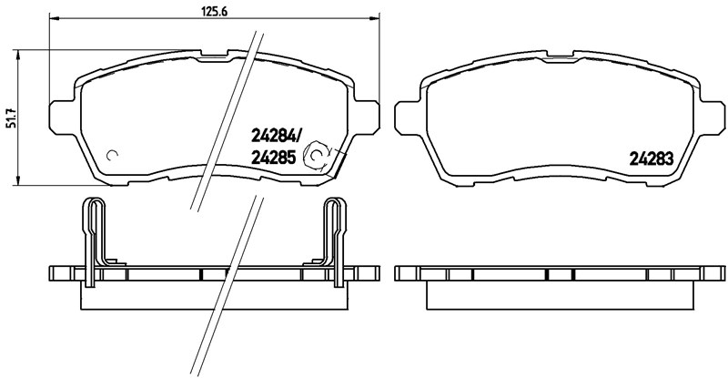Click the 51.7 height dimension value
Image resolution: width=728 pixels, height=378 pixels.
point(12,119)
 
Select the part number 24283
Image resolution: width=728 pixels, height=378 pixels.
point(652,157)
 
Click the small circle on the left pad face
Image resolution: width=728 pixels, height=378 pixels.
point(113,154)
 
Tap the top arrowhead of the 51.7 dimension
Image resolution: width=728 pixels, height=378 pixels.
point(21,51)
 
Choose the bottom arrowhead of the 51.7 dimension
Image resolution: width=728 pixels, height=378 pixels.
point(21,184)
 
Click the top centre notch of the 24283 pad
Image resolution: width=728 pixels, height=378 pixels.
point(561,56)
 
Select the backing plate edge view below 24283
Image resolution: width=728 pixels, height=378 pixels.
point(561,274)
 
